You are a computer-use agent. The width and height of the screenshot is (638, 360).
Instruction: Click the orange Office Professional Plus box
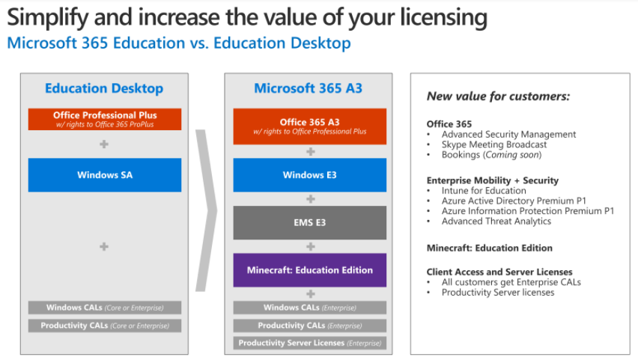point(105,119)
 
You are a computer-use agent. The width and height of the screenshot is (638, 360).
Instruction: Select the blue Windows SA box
point(105,175)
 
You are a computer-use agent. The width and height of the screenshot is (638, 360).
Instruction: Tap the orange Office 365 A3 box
point(310,126)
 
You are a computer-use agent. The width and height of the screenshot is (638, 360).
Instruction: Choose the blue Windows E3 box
point(310,175)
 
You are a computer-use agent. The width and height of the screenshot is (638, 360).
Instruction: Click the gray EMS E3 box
point(310,222)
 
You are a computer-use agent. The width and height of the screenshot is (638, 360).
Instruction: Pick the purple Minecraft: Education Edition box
point(310,270)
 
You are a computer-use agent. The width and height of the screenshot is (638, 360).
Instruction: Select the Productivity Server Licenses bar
point(310,343)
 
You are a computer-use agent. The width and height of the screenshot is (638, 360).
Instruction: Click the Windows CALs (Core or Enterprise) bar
point(105,308)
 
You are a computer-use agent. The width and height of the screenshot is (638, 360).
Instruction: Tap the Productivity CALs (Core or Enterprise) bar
point(105,326)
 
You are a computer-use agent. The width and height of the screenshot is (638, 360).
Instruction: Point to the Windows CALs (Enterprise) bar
point(310,308)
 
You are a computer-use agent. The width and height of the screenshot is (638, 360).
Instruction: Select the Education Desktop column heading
point(104,88)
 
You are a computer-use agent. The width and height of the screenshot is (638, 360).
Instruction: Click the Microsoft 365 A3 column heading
point(308,88)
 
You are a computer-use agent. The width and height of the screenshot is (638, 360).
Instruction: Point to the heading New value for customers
point(499,97)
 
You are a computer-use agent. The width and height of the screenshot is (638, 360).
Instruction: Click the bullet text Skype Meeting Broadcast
point(494,144)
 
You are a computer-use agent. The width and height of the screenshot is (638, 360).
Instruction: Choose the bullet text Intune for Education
point(484,190)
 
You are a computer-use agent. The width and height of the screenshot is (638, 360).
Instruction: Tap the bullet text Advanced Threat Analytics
point(496,222)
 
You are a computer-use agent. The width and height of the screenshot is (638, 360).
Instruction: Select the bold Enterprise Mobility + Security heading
point(492,180)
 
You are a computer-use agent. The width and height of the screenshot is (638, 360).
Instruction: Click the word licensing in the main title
point(443,18)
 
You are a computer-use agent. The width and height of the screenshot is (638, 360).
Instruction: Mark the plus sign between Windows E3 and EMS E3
point(311,199)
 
